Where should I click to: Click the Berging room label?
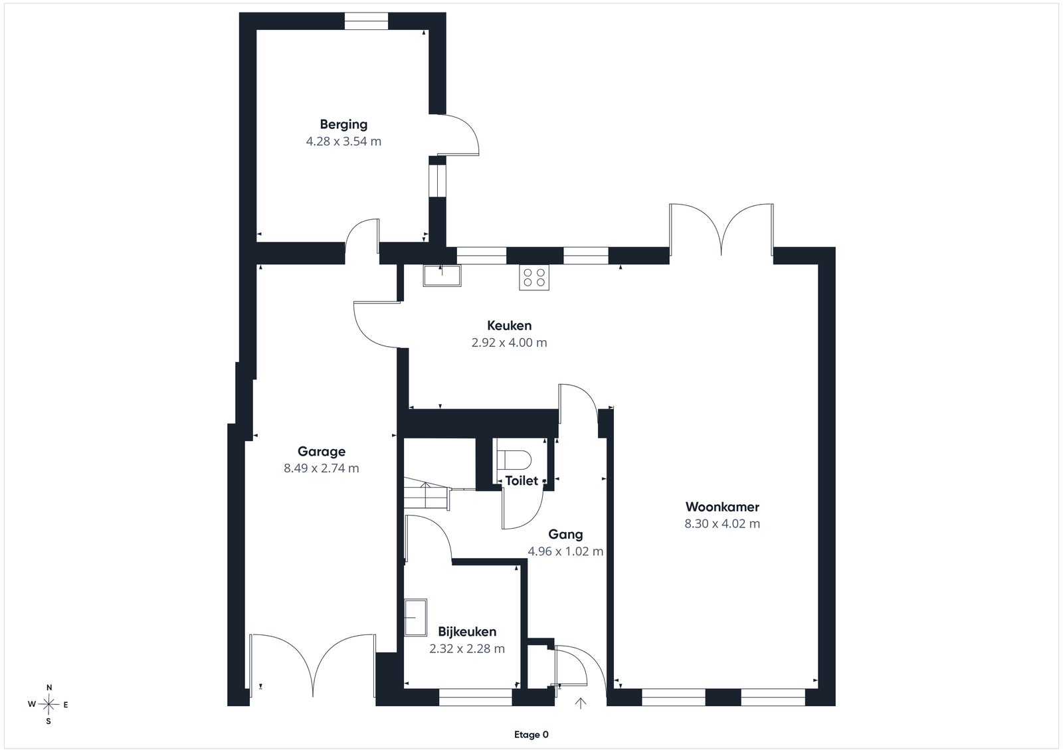pos(343,125)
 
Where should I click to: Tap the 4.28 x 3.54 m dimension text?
pos(343,141)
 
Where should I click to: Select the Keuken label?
pos(509,326)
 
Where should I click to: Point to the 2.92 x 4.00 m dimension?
pos(509,343)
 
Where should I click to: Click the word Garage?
pos(322,452)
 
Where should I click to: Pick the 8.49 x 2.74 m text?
pos(322,468)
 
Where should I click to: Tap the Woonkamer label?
pos(722,507)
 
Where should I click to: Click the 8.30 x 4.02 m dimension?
pos(722,523)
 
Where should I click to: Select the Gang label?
pos(565,535)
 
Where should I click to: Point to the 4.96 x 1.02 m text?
pos(565,551)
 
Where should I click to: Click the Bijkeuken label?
pos(467,632)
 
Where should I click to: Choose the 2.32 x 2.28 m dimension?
pos(467,648)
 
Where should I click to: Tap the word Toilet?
pos(522,481)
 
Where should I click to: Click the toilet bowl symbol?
pos(514,460)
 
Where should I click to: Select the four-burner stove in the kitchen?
pos(534,277)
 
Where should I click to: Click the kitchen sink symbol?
pos(442,276)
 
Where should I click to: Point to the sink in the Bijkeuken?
pos(415,617)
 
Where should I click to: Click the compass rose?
pos(48,705)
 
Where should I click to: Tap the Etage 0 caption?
pos(531,735)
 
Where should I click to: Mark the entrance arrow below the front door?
pos(581,703)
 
